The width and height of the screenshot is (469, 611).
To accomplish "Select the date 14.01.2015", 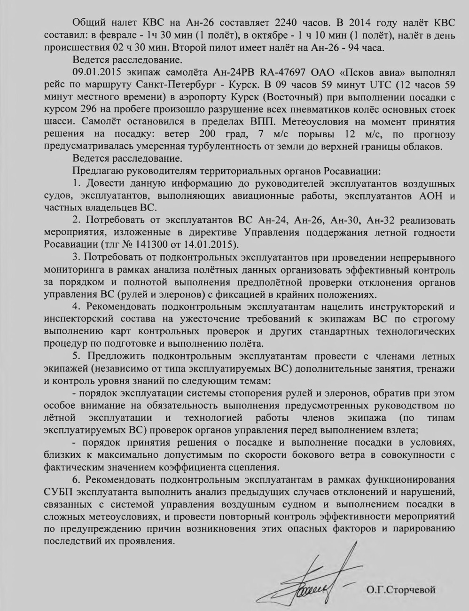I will (x=212, y=245).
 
